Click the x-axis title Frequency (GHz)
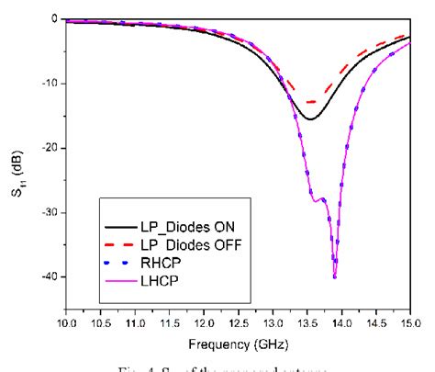(x=238, y=344)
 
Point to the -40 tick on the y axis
(x=50, y=276)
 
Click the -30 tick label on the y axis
(x=50, y=212)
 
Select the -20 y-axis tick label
(x=50, y=148)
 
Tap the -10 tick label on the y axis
(x=50, y=84)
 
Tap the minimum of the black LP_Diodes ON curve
(x=310, y=119)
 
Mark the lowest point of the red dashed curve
(x=310, y=102)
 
